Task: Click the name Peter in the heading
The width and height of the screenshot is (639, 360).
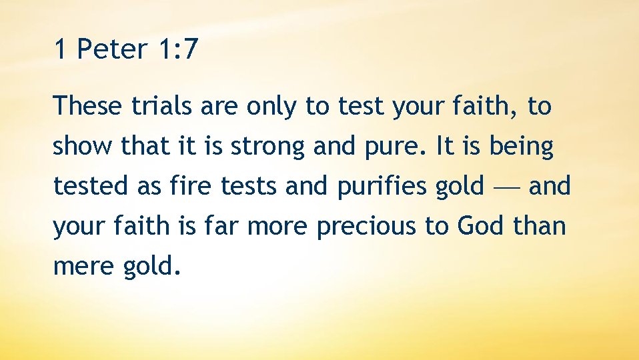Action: [111, 49]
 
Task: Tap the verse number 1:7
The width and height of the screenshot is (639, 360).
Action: [177, 49]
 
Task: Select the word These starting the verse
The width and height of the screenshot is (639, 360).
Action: [87, 105]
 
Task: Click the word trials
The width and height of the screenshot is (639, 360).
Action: [161, 105]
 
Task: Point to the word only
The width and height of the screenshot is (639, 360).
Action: [271, 107]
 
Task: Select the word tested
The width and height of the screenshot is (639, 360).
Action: [90, 185]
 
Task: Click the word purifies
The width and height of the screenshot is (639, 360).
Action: [381, 187]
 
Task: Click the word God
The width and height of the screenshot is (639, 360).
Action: [480, 225]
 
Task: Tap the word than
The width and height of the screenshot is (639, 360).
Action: [540, 225]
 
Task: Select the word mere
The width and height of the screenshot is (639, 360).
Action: [83, 267]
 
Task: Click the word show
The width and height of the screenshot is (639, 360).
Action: [82, 145]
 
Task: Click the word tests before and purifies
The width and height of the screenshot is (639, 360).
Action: [248, 186]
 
